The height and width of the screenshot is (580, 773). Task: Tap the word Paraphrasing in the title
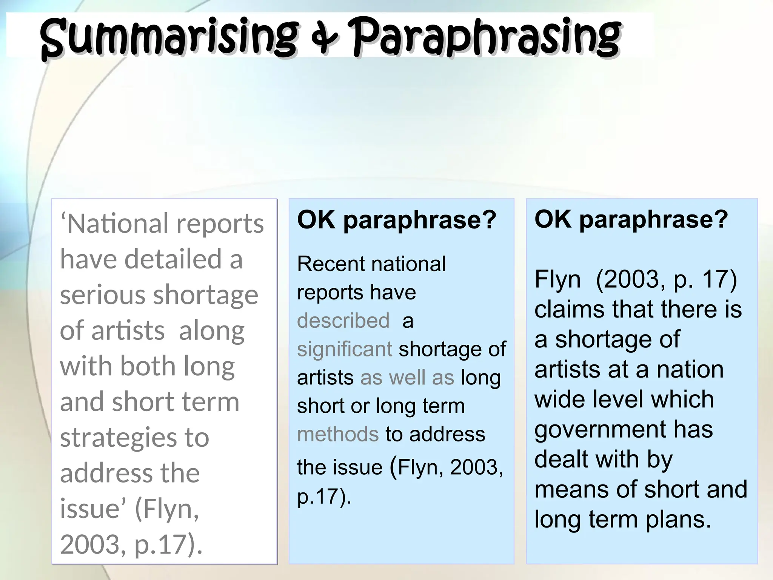[487, 38]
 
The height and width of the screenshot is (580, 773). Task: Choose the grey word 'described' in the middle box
[343, 321]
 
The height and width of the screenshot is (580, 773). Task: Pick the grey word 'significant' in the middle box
[345, 349]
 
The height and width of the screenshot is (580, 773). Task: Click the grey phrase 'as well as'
[407, 378]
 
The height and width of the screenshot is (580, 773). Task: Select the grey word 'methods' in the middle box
[338, 434]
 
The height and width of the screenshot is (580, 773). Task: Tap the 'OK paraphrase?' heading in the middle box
[396, 220]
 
